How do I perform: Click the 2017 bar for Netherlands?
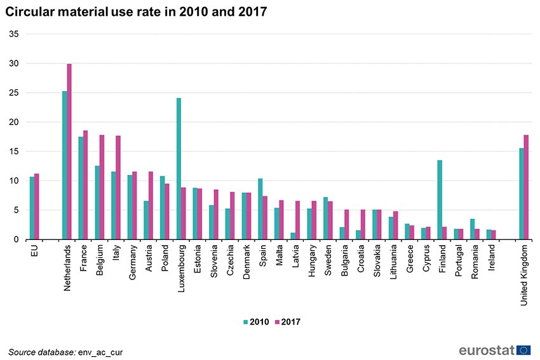click(x=69, y=152)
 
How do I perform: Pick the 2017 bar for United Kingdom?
click(x=526, y=187)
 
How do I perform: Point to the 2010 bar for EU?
click(x=32, y=208)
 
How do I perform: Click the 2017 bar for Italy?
click(x=118, y=188)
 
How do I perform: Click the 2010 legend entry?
click(x=255, y=322)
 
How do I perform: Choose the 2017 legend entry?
click(x=287, y=322)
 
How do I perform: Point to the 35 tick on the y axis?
click(x=14, y=34)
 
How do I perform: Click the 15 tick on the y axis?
click(x=14, y=152)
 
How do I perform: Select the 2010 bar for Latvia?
click(x=293, y=236)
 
